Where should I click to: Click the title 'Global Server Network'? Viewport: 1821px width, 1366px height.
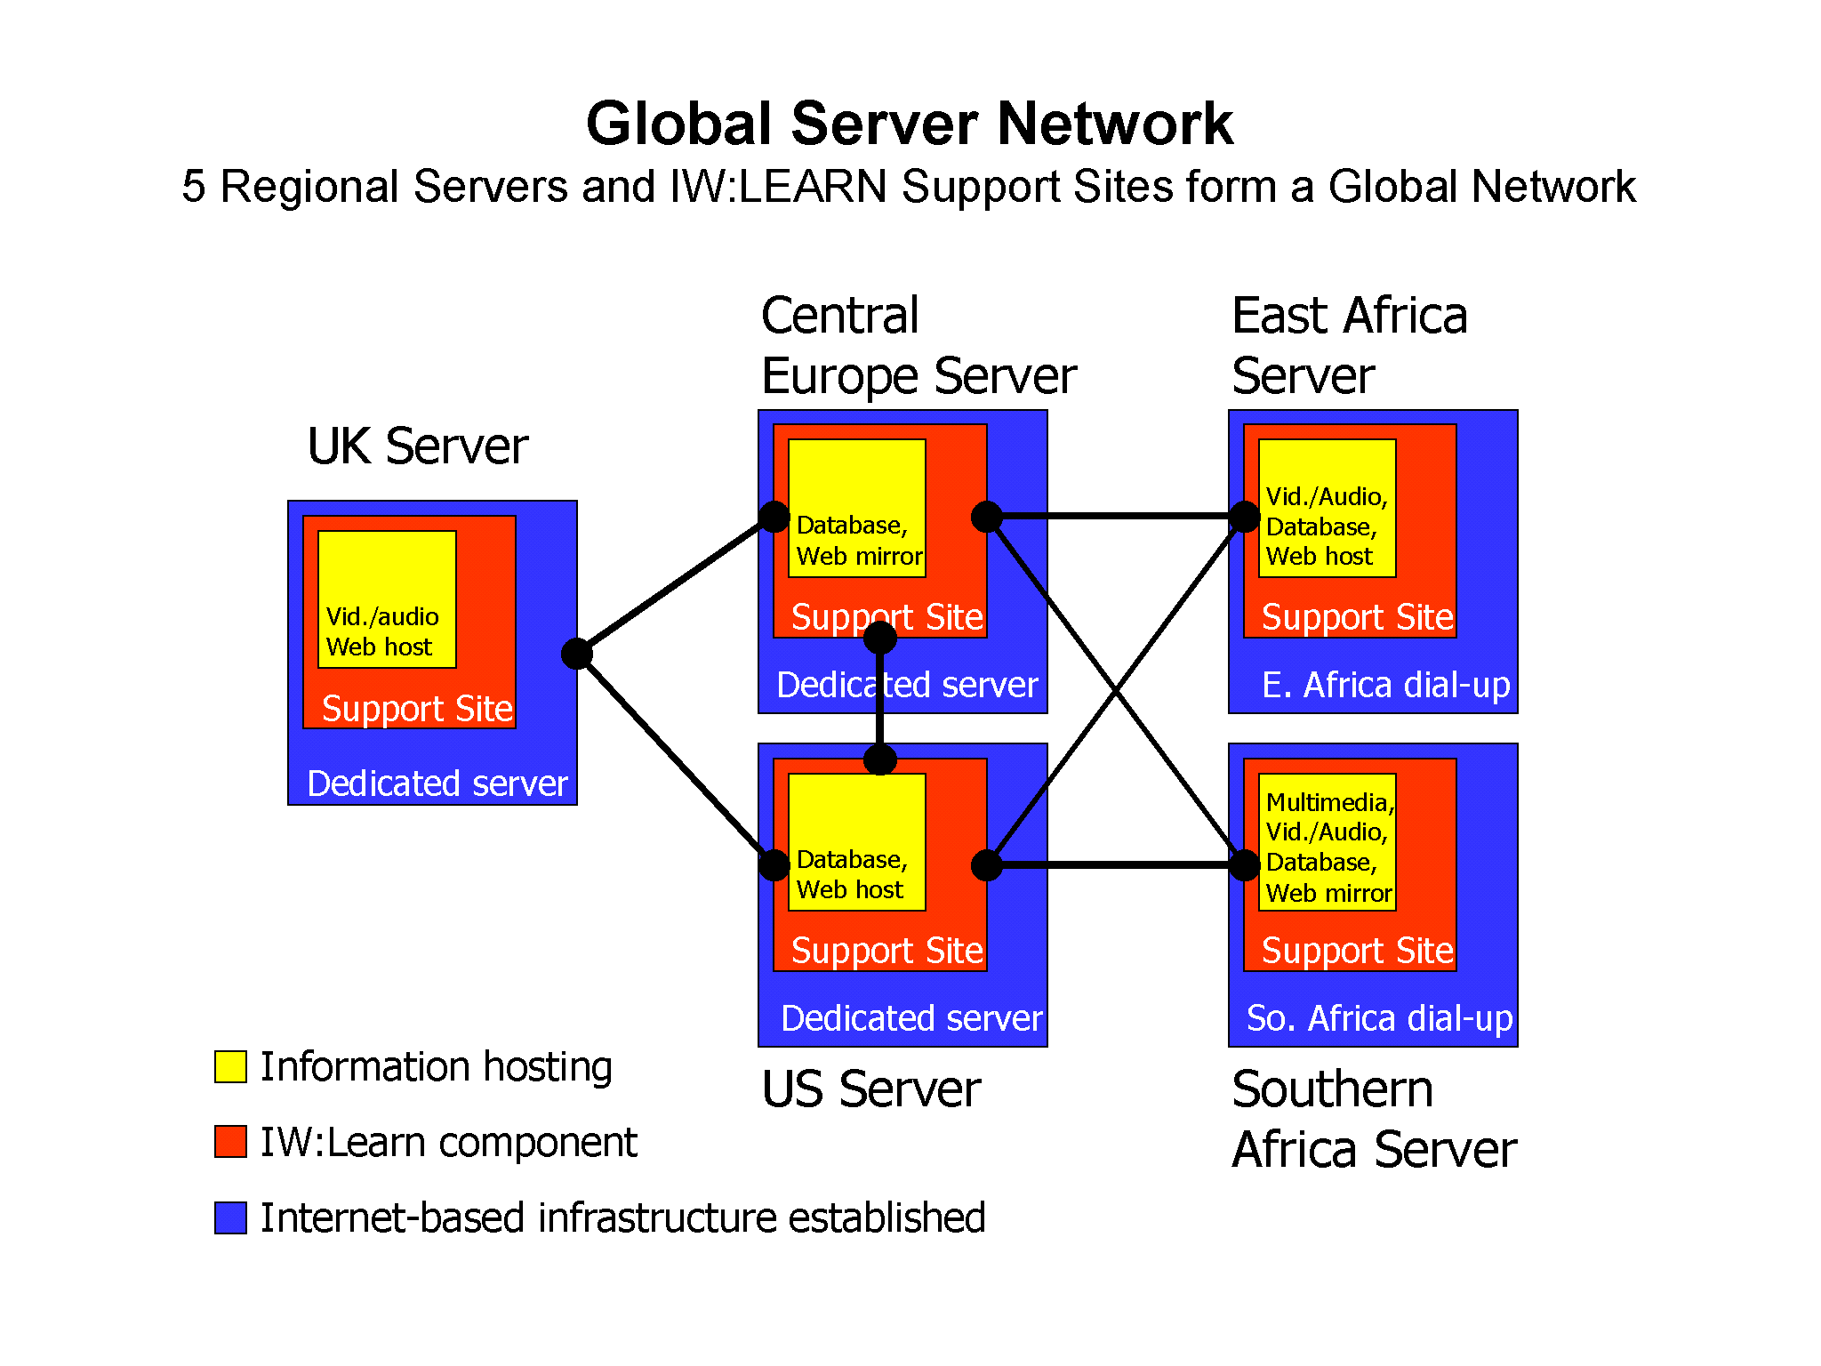coord(909,124)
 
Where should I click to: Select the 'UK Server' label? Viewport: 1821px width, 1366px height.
coord(417,446)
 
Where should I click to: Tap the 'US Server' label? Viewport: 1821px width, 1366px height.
coord(870,1089)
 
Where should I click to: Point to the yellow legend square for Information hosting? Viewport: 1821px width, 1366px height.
coord(230,1066)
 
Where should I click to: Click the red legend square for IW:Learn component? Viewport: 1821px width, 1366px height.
coord(230,1142)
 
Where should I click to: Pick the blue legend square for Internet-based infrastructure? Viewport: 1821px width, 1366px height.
coord(230,1217)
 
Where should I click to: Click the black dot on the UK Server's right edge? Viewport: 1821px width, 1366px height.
coord(577,654)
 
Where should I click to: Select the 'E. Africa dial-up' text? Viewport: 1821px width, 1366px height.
coord(1385,685)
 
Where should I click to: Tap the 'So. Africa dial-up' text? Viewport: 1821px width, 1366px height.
coord(1379,1018)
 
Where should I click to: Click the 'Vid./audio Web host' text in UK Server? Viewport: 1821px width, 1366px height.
coord(382,631)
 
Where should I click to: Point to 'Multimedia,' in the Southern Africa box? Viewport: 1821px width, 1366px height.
coord(1329,802)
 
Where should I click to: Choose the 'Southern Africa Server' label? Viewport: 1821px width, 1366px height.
coord(1374,1119)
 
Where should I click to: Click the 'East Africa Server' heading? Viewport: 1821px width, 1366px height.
coord(1349,345)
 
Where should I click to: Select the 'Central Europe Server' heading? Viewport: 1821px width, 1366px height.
coord(918,345)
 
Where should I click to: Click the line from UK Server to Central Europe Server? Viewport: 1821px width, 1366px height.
coord(676,585)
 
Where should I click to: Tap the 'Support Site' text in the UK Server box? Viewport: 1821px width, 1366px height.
coord(417,709)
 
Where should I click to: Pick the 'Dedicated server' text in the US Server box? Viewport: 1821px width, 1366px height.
coord(911,1018)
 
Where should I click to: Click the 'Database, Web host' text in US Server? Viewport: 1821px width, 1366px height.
coord(851,874)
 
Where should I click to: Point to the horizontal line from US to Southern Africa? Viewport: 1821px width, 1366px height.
coord(1116,864)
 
